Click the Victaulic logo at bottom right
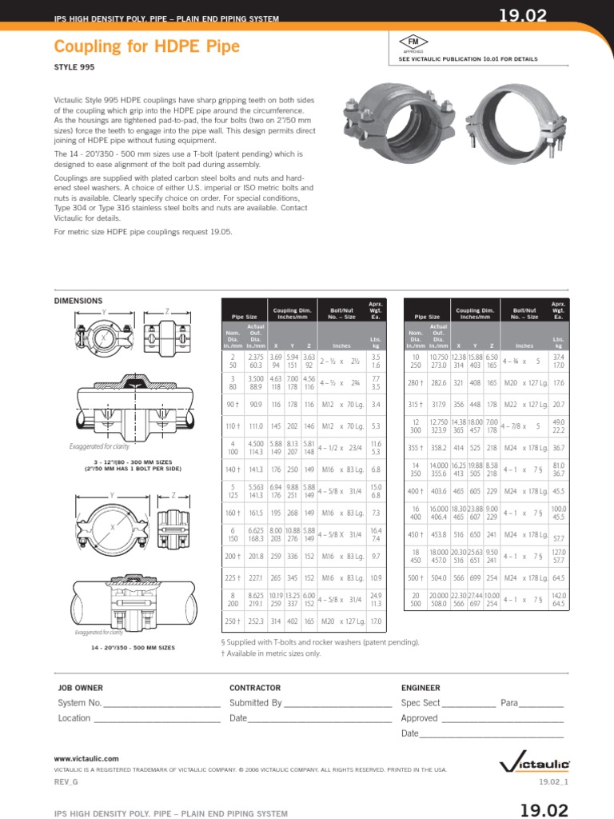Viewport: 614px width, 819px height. click(x=535, y=764)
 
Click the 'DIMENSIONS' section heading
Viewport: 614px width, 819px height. click(x=78, y=301)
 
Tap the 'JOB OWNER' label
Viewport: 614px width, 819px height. click(x=80, y=687)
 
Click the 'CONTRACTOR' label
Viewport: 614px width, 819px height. click(x=255, y=687)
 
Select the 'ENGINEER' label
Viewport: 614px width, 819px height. click(x=421, y=687)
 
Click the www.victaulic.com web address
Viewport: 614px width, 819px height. click(x=86, y=757)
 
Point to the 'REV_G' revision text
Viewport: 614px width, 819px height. click(x=64, y=781)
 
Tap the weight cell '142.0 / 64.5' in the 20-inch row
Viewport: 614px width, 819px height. click(x=557, y=600)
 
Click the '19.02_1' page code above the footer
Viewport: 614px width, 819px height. click(x=552, y=781)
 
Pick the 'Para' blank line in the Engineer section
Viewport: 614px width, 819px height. click(x=541, y=705)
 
